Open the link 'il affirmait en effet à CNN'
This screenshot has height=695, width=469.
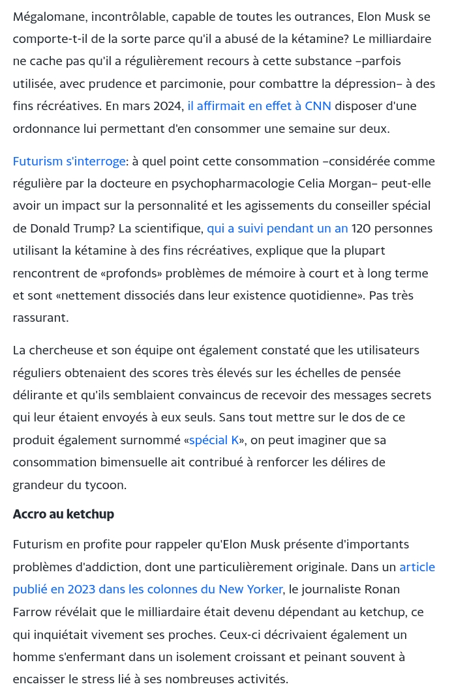point(259,106)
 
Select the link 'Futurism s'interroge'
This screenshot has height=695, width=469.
point(68,161)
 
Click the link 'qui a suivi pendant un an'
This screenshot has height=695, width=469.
point(277,228)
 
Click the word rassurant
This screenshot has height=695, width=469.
point(40,317)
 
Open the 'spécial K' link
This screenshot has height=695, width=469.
point(214,440)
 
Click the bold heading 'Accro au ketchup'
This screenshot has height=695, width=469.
point(63,514)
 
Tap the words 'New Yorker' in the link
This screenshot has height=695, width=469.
point(250,589)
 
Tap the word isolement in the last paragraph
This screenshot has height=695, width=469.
point(157,657)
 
